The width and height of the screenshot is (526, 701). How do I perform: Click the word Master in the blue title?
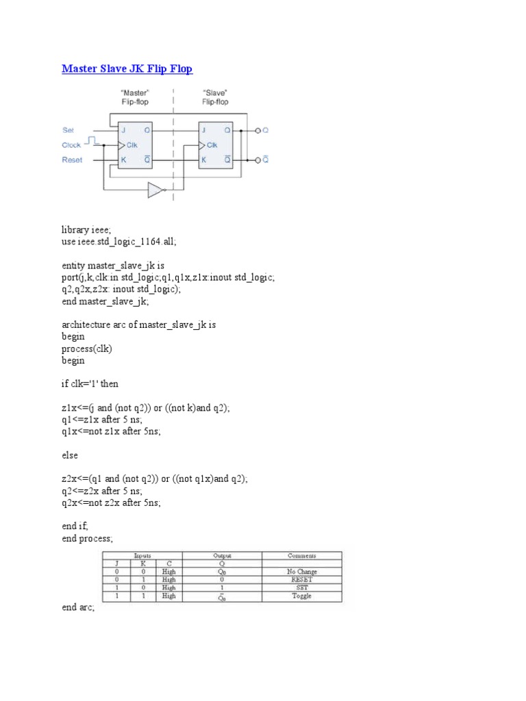coord(80,68)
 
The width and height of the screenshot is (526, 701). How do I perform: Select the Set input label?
coord(68,130)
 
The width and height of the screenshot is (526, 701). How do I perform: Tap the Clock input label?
coord(71,145)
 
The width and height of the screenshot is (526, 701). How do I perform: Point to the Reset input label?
coord(72,160)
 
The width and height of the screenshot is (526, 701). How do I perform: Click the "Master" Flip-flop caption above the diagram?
coord(136,97)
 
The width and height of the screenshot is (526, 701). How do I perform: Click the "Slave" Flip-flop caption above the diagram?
coord(215,97)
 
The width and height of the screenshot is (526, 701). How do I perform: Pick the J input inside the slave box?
coord(203,130)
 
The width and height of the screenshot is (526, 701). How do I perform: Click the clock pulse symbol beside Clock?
coord(96,141)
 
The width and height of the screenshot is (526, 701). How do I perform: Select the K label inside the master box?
coord(123,160)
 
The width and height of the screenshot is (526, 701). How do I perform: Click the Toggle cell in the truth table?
coord(301,596)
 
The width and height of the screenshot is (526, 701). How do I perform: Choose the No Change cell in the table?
coord(301,572)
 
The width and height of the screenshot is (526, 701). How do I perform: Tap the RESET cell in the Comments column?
coord(301,580)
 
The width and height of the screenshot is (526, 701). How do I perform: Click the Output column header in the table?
coord(223,556)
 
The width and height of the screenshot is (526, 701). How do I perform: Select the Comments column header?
coord(302,556)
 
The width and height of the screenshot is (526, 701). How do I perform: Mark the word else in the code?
coord(69,455)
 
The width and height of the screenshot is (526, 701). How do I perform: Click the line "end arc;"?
coord(78,607)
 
